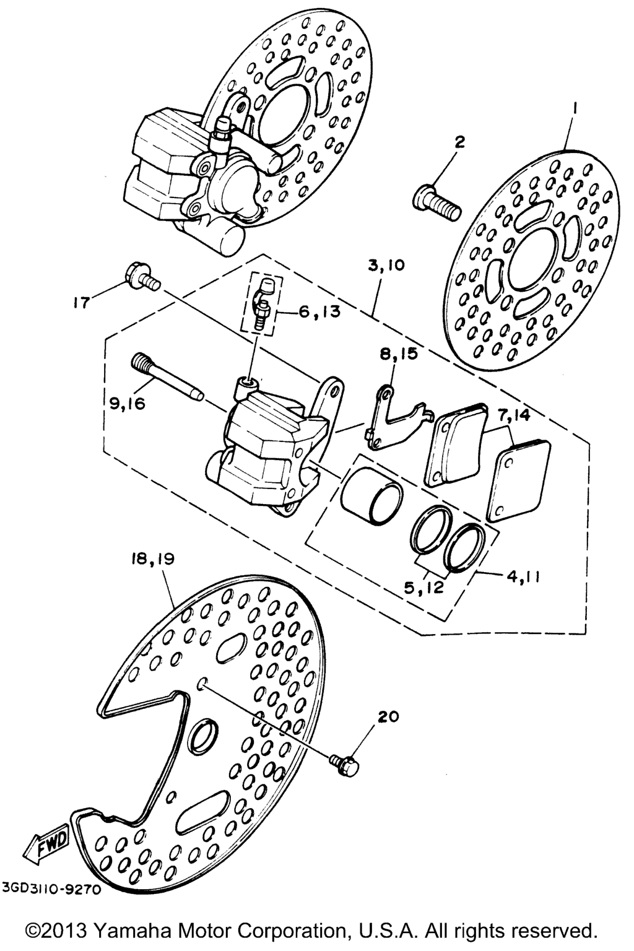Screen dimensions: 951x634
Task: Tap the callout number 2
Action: [459, 142]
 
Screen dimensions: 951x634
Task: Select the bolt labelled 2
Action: [436, 202]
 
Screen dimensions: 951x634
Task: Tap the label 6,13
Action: [319, 313]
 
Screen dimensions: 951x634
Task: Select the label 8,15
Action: [399, 354]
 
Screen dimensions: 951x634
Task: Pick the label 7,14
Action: [511, 415]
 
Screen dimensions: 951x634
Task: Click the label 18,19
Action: [152, 559]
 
